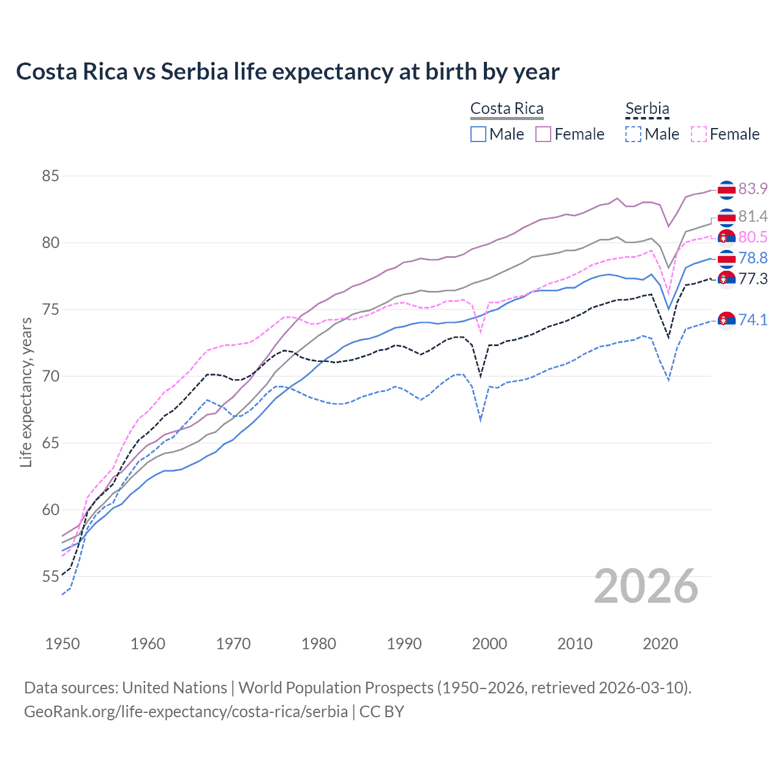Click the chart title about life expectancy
click(287, 72)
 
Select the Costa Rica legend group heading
click(507, 109)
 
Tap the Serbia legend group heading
click(647, 109)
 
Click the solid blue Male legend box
click(478, 134)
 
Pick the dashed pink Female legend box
click(699, 134)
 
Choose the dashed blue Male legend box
click(633, 134)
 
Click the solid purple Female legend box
click(544, 134)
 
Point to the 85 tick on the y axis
click(50, 176)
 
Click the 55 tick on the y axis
click(50, 577)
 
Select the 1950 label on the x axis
click(62, 644)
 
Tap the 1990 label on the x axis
click(404, 644)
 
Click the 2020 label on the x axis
click(660, 644)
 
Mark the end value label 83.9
click(753, 189)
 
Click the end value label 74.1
click(753, 320)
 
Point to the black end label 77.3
click(753, 279)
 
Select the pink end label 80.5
click(753, 238)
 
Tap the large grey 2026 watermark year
click(646, 587)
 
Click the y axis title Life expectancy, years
click(26, 392)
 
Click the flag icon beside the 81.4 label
click(726, 217)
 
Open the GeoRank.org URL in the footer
click(186, 712)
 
